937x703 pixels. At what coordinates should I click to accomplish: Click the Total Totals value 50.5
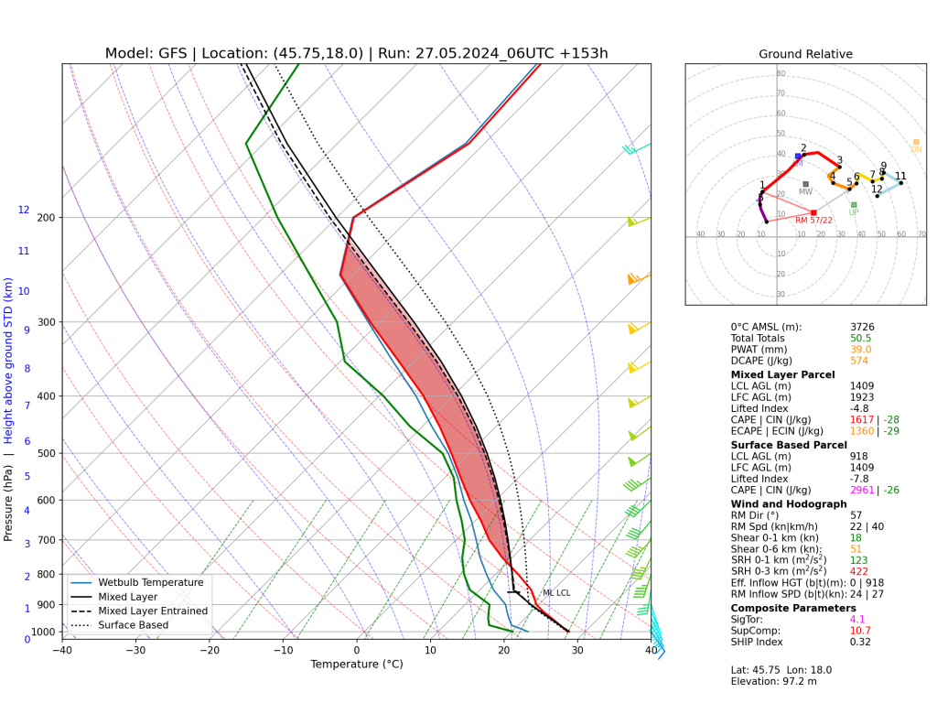coord(860,338)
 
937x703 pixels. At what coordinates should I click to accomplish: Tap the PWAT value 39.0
coord(860,349)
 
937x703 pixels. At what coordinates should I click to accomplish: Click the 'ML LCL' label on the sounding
coord(556,593)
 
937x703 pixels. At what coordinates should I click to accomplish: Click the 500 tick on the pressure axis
coord(43,453)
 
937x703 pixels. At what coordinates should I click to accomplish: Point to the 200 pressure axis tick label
coord(43,218)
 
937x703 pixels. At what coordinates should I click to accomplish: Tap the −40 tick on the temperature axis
coord(62,651)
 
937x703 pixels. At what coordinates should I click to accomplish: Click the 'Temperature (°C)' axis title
coord(357,665)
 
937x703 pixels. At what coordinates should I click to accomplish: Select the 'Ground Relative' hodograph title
coord(805,54)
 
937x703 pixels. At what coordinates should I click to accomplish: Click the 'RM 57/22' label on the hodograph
coord(813,221)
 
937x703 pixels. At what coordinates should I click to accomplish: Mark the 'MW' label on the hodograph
coord(805,191)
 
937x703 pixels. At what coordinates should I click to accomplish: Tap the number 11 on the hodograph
coord(900,177)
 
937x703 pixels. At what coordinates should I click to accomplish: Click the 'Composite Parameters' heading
coord(793,608)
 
